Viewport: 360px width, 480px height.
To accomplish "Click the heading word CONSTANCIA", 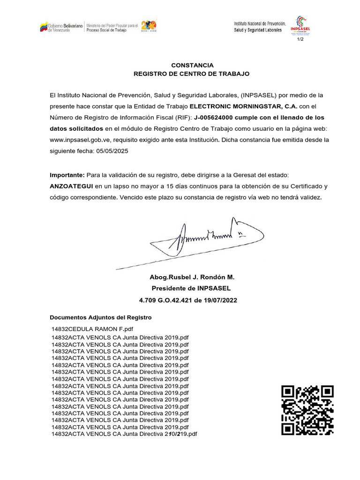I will pyautogui.click(x=192, y=65).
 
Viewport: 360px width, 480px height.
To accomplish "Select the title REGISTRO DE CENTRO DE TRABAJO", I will pyautogui.click(x=192, y=74).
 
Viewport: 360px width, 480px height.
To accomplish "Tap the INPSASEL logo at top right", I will pyautogui.click(x=300, y=26).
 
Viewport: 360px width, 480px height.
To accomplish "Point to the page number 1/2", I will pyautogui.click(x=300, y=39).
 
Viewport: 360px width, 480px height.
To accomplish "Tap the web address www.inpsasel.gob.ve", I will pyautogui.click(x=87, y=140).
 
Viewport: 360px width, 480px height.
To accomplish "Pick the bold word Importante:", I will pyautogui.click(x=67, y=175).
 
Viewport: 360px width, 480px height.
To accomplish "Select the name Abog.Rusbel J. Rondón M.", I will pyautogui.click(x=192, y=277).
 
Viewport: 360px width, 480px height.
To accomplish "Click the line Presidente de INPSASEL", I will pyautogui.click(x=191, y=289).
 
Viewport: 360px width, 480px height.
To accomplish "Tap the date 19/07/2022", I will pyautogui.click(x=222, y=300).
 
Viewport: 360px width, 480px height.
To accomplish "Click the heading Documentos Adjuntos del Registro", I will pyautogui.click(x=101, y=318).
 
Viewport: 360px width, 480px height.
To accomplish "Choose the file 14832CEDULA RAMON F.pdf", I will pyautogui.click(x=92, y=330).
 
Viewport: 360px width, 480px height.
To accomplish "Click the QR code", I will pyautogui.click(x=307, y=410).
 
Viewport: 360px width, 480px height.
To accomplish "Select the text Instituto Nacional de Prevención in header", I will pyautogui.click(x=260, y=23).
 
